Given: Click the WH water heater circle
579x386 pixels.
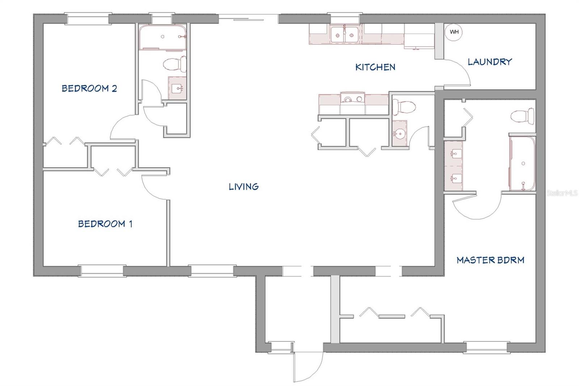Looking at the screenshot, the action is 454,32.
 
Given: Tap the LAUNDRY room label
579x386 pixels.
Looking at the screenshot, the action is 490,62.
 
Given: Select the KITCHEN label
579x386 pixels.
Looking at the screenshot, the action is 375,67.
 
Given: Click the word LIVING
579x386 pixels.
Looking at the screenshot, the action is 244,186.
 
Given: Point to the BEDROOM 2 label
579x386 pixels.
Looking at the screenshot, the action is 89,88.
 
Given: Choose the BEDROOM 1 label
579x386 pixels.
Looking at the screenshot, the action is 105,224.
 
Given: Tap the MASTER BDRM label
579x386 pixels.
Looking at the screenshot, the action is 490,260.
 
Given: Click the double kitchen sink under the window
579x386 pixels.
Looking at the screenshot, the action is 344,34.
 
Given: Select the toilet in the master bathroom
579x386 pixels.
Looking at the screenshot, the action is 523,116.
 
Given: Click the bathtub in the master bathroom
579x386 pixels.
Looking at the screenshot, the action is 522,164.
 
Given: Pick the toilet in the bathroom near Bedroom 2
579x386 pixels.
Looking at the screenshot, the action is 175,64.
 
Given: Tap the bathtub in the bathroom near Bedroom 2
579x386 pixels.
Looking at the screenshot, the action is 162,37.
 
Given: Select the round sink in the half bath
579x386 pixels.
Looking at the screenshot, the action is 400,134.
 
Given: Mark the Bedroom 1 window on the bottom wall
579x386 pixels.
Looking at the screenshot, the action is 102,271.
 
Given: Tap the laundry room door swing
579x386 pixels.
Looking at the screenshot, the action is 457,72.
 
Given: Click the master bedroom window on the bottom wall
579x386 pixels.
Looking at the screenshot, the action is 486,348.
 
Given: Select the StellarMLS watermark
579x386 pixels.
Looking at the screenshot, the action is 562,193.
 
